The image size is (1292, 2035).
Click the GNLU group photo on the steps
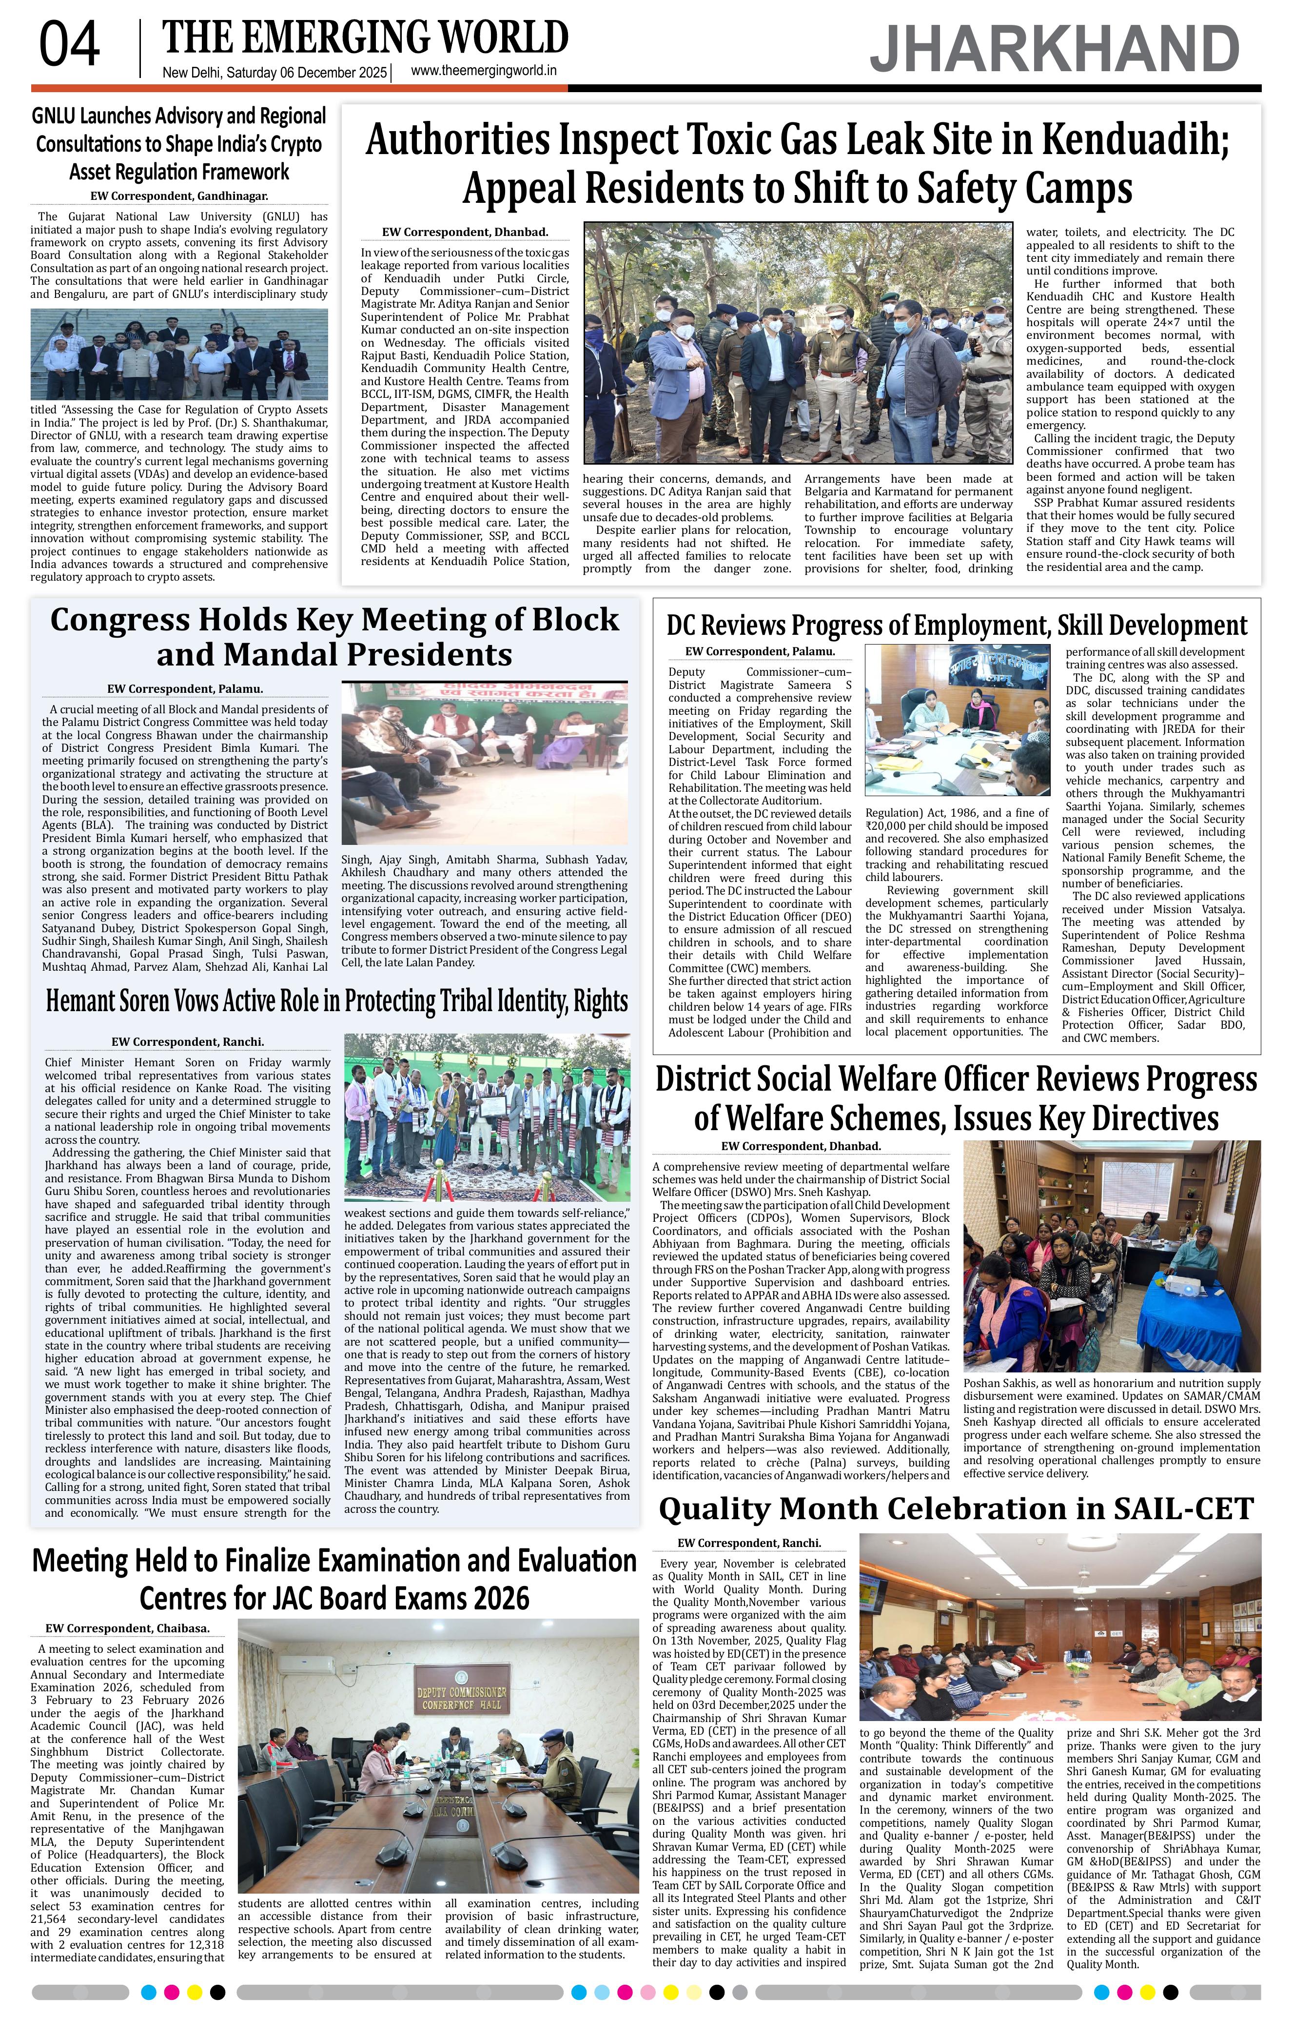pos(179,353)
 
